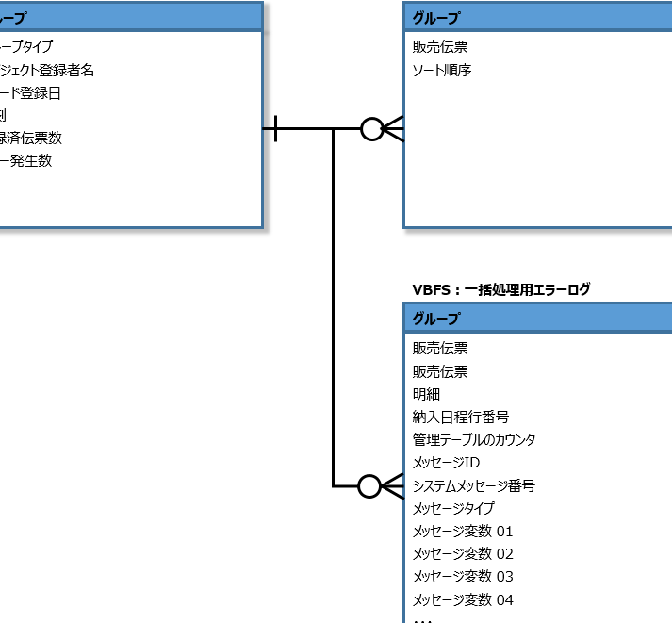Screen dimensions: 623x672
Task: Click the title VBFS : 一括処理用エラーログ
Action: [x=500, y=289]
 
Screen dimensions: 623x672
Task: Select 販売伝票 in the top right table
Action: [x=439, y=46]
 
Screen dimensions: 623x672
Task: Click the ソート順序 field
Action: [x=441, y=69]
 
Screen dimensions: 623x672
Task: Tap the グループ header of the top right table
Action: [x=435, y=17]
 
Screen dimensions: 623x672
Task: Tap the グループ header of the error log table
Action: [x=435, y=318]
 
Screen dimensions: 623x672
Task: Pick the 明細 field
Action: [x=426, y=394]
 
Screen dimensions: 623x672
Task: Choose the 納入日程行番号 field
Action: [x=461, y=417]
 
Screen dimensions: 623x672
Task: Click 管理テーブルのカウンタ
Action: [x=474, y=439]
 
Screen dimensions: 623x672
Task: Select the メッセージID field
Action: [x=446, y=463]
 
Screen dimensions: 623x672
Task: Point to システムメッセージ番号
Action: [x=473, y=485]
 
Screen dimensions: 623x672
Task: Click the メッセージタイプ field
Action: [x=452, y=508]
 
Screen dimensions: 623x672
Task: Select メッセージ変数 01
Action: [x=462, y=531]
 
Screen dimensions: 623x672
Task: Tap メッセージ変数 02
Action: [x=462, y=553]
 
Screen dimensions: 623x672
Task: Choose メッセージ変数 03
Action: [x=462, y=576]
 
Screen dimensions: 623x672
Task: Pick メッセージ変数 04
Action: [x=462, y=599]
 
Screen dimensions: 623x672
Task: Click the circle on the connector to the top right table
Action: [x=372, y=129]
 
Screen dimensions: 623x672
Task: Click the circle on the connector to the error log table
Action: [x=369, y=486]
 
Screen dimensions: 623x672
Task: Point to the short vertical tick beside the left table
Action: [x=274, y=129]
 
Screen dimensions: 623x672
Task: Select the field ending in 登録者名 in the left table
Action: [x=47, y=70]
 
